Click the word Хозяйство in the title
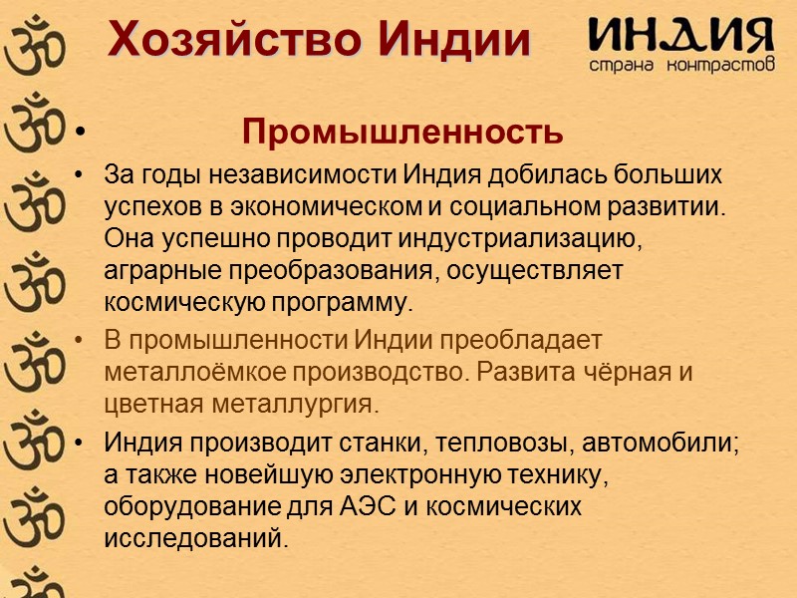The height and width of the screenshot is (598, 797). (234, 41)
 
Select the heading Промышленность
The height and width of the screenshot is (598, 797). (402, 131)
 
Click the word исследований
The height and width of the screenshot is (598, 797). (195, 539)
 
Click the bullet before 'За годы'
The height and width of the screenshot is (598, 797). (79, 175)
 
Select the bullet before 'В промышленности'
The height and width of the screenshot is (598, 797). (79, 341)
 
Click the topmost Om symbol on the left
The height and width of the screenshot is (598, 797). (29, 40)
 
